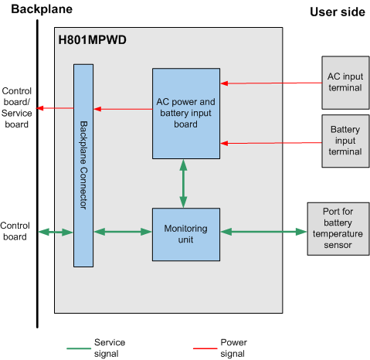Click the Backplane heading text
point(42,9)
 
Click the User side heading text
point(338,12)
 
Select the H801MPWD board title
point(92,40)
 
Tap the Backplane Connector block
point(83,165)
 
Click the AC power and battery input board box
point(186,114)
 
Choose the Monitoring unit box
point(186,235)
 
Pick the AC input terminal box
point(345,83)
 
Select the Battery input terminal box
point(345,141)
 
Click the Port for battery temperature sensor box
point(338,229)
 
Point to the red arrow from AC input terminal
point(271,83)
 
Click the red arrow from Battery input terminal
point(271,143)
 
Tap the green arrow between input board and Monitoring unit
point(183,184)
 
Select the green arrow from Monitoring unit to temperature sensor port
point(263,232)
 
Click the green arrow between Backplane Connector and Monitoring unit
point(123,232)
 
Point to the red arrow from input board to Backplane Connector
point(123,109)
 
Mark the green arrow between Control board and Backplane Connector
point(56,232)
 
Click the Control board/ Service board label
point(16,107)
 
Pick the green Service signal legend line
point(79,348)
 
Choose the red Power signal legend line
point(205,348)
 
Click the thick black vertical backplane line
point(37,174)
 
